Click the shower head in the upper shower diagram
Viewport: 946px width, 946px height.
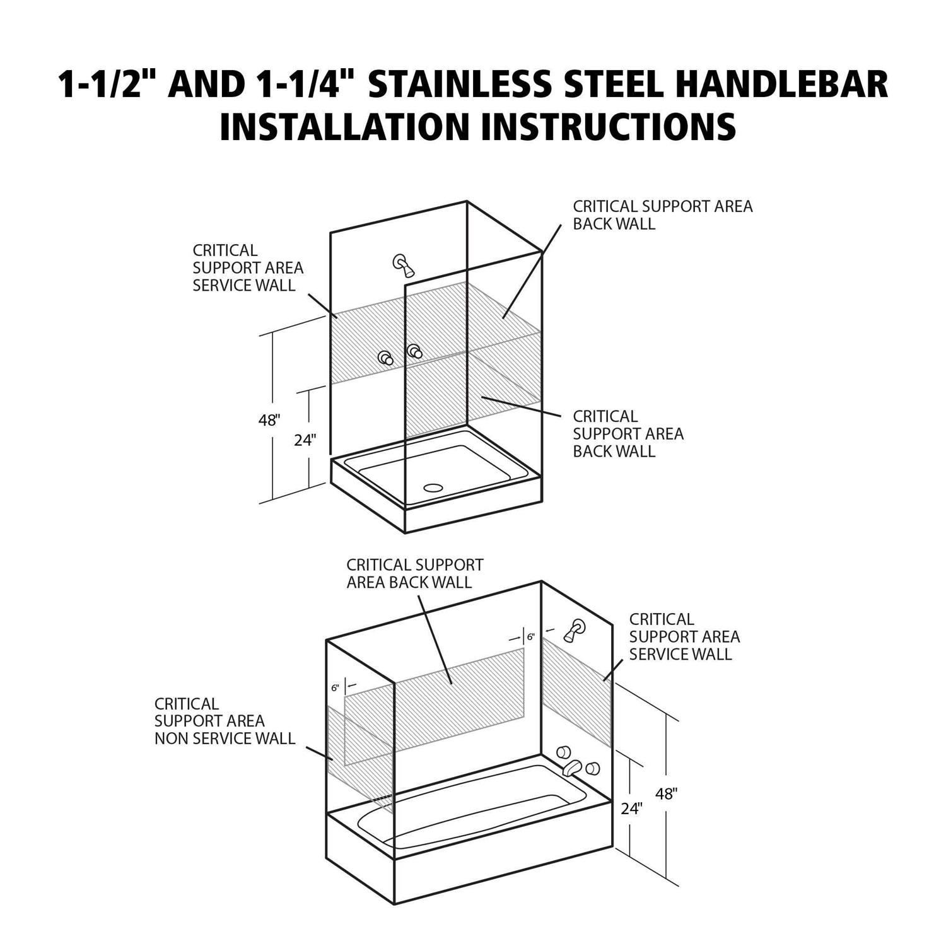point(403,265)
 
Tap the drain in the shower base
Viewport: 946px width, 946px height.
point(433,488)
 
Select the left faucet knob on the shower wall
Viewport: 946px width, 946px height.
point(386,358)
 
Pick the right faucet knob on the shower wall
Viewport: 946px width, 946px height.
point(414,351)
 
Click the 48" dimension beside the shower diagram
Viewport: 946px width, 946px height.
point(269,420)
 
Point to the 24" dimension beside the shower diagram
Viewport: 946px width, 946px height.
point(305,440)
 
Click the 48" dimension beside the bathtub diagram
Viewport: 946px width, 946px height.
point(666,793)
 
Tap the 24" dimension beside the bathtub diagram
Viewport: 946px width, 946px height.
point(631,809)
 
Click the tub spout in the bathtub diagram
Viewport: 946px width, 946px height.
point(571,768)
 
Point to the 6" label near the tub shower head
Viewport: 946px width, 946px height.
point(531,637)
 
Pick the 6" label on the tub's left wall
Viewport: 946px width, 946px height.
point(335,688)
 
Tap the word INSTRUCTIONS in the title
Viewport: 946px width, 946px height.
point(609,126)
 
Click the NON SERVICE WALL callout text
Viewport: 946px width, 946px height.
point(225,738)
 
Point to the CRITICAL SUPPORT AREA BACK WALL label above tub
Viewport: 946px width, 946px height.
point(415,573)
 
